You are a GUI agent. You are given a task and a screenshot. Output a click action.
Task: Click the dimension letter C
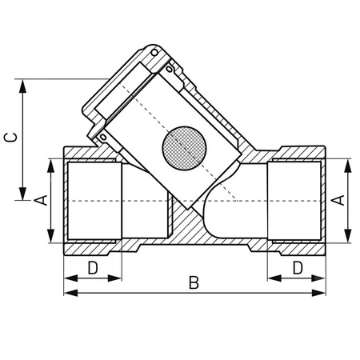tap(10, 138)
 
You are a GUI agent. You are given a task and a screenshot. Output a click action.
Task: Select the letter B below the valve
tap(192, 282)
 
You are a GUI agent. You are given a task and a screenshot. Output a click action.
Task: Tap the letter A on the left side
tap(40, 200)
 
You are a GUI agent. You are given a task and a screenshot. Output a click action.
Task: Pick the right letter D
tap(298, 267)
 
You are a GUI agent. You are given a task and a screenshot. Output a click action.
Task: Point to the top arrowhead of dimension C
tap(23, 84)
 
